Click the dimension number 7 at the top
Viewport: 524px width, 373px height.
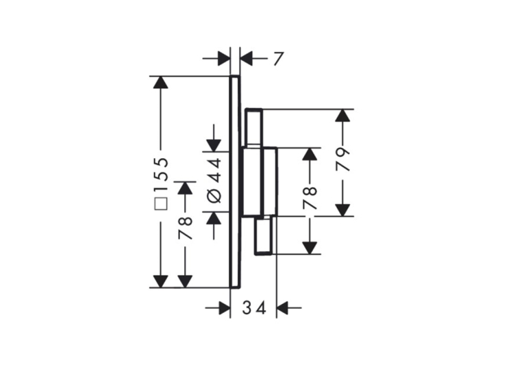pyautogui.click(x=278, y=59)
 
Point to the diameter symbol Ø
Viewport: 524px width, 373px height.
pyautogui.click(x=214, y=195)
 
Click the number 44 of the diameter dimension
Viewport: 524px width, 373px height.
pyautogui.click(x=214, y=170)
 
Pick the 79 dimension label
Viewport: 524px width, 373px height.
pyautogui.click(x=342, y=159)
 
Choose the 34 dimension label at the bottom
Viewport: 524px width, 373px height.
pyautogui.click(x=254, y=307)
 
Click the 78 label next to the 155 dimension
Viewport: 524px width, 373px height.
pyautogui.click(x=186, y=228)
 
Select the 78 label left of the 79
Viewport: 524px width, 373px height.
pyautogui.click(x=310, y=198)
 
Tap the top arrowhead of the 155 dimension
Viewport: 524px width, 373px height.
pyautogui.click(x=160, y=82)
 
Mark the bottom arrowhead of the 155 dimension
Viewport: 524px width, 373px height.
pyautogui.click(x=160, y=281)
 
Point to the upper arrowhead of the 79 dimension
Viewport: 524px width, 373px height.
pyautogui.click(x=342, y=115)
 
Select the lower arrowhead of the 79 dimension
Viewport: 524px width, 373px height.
pyautogui.click(x=342, y=210)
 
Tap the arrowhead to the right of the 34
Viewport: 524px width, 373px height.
pyautogui.click(x=283, y=307)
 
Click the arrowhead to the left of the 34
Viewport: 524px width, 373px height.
pyautogui.click(x=224, y=307)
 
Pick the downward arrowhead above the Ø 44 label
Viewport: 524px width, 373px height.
pyautogui.click(x=214, y=146)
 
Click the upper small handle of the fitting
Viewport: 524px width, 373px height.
pyautogui.click(x=254, y=127)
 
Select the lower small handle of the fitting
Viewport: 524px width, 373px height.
pyautogui.click(x=264, y=235)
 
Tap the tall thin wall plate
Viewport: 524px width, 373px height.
pyautogui.click(x=235, y=182)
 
